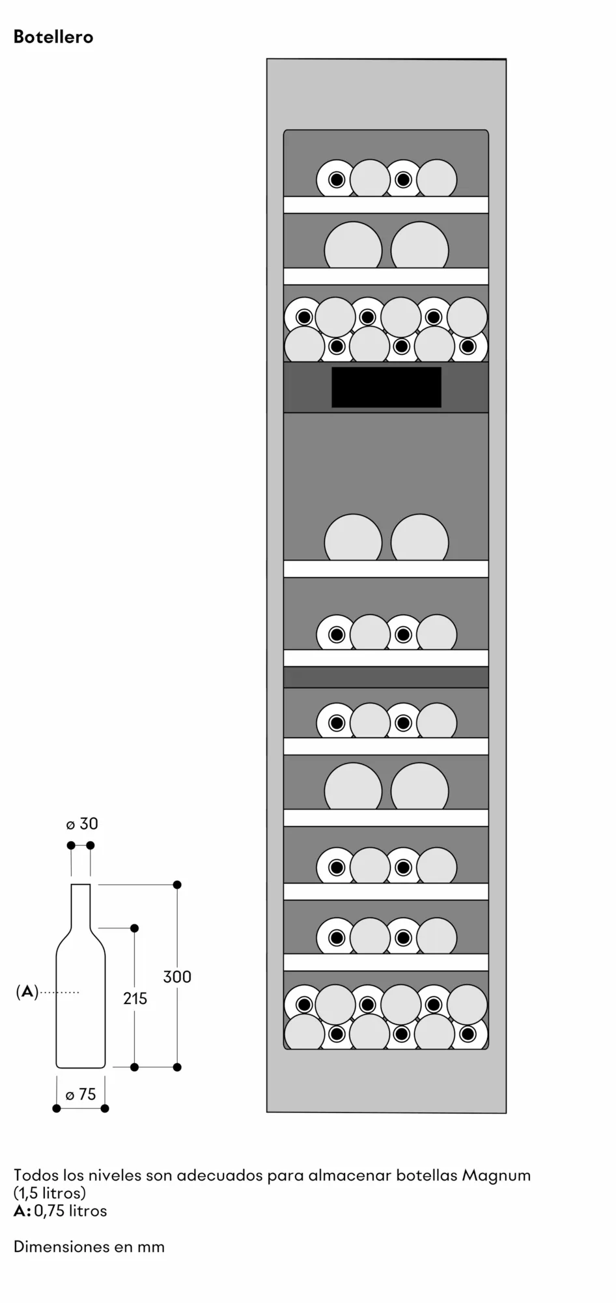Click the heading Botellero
[x=53, y=37]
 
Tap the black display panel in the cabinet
[x=386, y=387]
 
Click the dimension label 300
[x=177, y=977]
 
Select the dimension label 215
[x=135, y=998]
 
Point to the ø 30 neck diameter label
[x=82, y=824]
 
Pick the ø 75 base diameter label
[x=81, y=1095]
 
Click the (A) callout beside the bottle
[x=27, y=992]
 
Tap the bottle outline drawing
[x=81, y=976]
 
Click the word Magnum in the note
[x=496, y=1176]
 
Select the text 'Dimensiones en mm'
[x=89, y=1247]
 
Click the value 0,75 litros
[x=70, y=1211]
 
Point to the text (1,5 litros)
[x=49, y=1194]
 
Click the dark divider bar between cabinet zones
[x=386, y=677]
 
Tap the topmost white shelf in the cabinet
[x=386, y=205]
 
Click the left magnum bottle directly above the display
[x=353, y=245]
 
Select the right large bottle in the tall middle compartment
[x=420, y=537]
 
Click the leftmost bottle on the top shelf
[x=337, y=179]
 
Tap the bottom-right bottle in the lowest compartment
[x=467, y=1034]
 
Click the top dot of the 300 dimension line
[x=177, y=885]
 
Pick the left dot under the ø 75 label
[x=57, y=1108]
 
